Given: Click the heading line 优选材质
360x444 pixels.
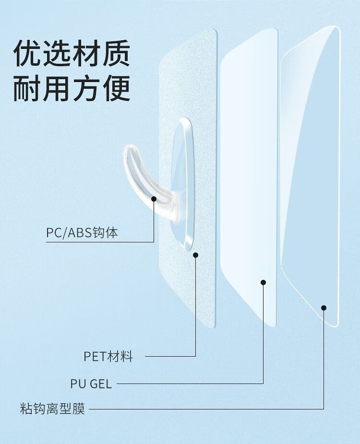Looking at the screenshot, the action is point(72,53).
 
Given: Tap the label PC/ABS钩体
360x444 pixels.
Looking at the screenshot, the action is point(82,233).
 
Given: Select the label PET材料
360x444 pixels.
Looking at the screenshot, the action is point(108,357).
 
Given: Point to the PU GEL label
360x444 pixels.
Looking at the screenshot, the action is point(91,384).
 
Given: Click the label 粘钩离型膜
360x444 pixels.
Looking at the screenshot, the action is point(52,410).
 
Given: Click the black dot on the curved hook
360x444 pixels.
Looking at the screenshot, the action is point(154,198).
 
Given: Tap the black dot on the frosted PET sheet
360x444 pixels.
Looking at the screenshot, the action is point(196,255).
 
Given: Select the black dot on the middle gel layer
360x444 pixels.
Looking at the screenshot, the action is point(263,282).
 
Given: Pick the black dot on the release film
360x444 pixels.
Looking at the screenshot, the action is point(324,308).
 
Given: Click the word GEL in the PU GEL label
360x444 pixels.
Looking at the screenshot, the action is point(100,384).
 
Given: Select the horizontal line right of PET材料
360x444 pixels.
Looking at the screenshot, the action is point(170,357).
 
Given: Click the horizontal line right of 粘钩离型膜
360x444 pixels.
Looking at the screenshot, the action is point(206,409).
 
